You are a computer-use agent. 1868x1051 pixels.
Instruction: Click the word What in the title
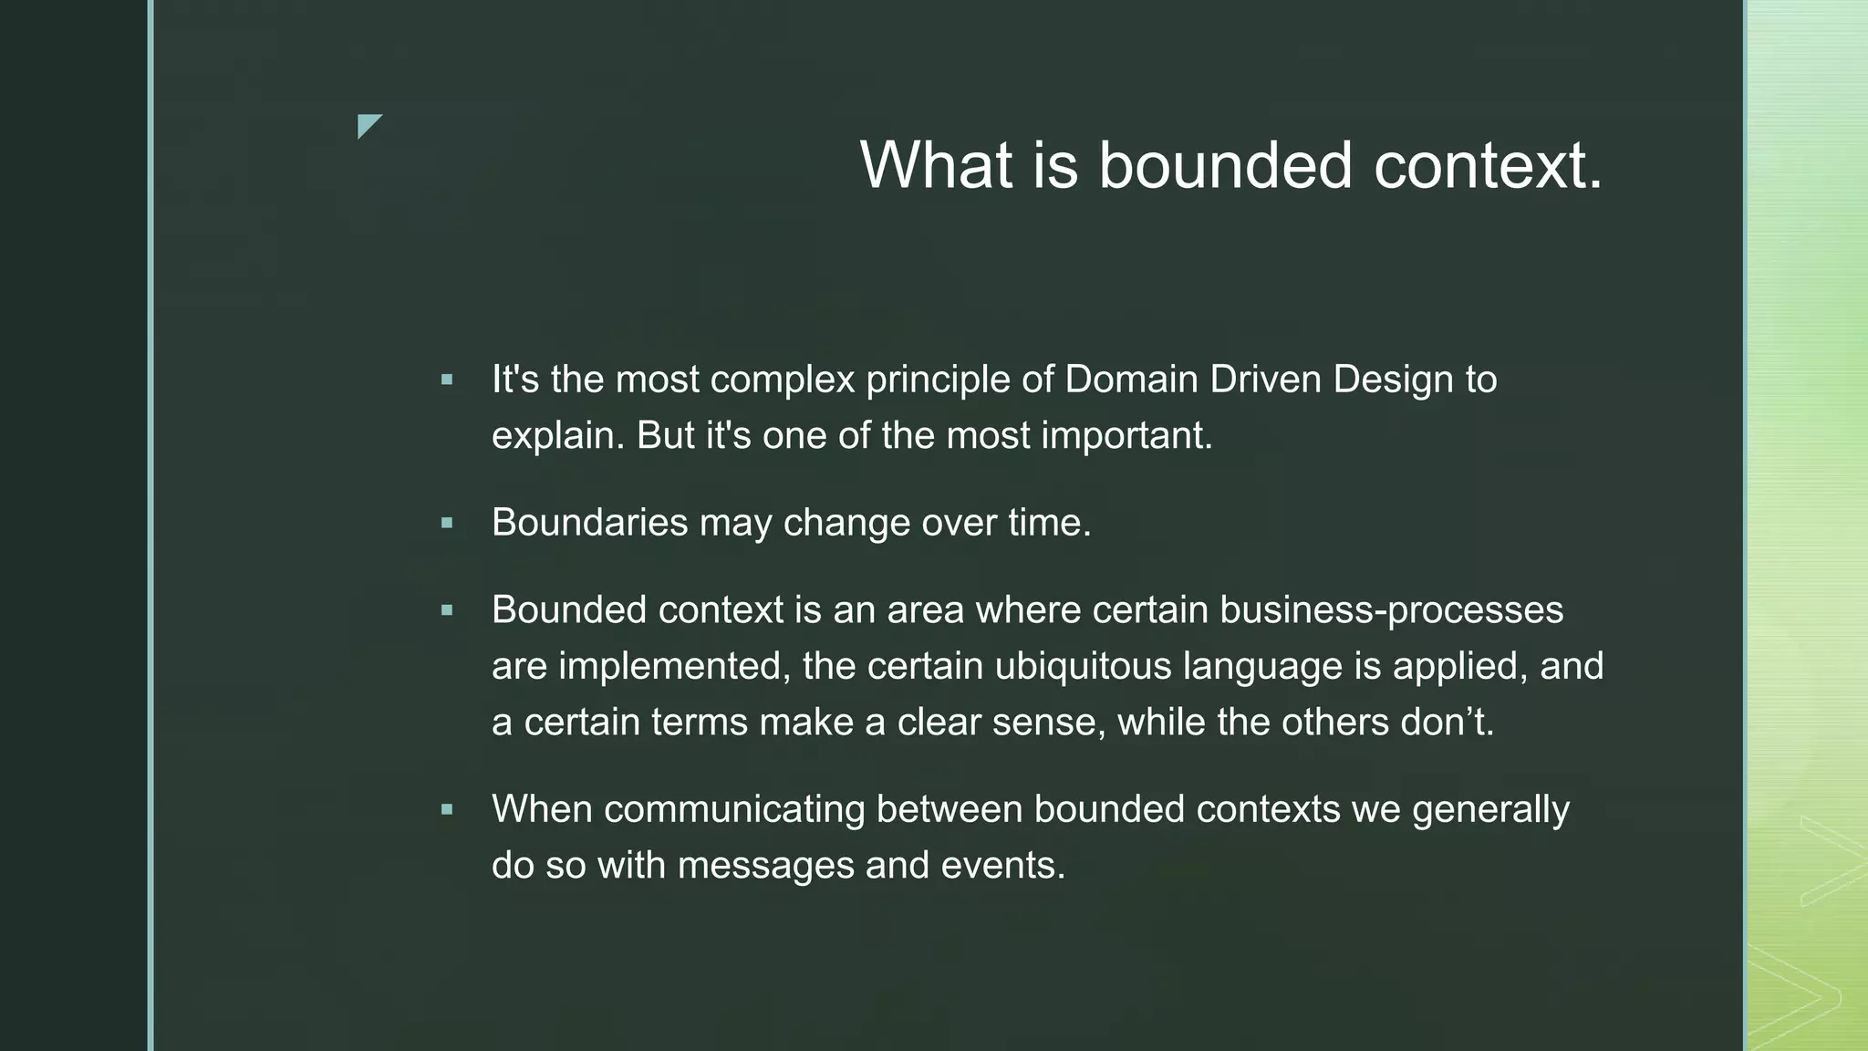[x=936, y=165]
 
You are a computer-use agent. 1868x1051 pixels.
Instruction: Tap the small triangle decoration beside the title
[x=368, y=124]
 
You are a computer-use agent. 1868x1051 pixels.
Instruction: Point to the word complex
[x=783, y=380]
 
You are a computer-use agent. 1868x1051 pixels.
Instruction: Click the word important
[x=1126, y=435]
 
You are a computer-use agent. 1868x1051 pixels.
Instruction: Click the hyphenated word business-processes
[x=1391, y=609]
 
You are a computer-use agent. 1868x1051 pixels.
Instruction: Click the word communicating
[x=734, y=809]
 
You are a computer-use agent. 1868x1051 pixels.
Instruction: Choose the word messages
[x=765, y=865]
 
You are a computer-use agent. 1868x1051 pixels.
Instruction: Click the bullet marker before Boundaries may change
[x=447, y=524]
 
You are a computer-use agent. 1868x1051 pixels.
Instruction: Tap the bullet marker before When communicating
[x=447, y=809]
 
